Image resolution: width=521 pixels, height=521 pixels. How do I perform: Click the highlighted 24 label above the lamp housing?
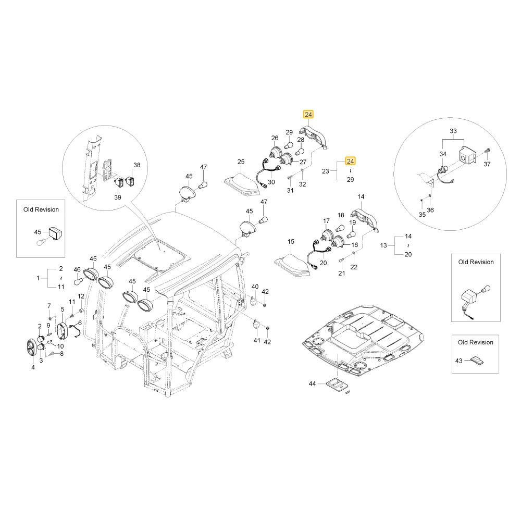click(x=308, y=114)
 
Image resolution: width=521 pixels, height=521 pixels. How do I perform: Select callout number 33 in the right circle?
click(x=453, y=131)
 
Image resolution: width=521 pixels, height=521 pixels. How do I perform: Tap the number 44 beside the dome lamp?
click(x=312, y=384)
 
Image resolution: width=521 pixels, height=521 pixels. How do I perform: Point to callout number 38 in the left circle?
click(x=137, y=165)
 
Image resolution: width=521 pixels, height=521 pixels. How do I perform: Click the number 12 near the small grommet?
click(x=81, y=296)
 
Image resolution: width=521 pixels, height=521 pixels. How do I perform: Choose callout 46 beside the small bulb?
click(x=77, y=270)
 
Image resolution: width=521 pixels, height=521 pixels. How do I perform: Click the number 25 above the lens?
click(x=241, y=162)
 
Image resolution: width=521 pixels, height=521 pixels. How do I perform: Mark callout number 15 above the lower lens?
click(x=291, y=242)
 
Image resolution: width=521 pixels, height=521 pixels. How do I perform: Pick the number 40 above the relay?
click(x=255, y=287)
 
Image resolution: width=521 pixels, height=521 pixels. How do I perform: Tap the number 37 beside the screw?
click(x=487, y=164)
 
